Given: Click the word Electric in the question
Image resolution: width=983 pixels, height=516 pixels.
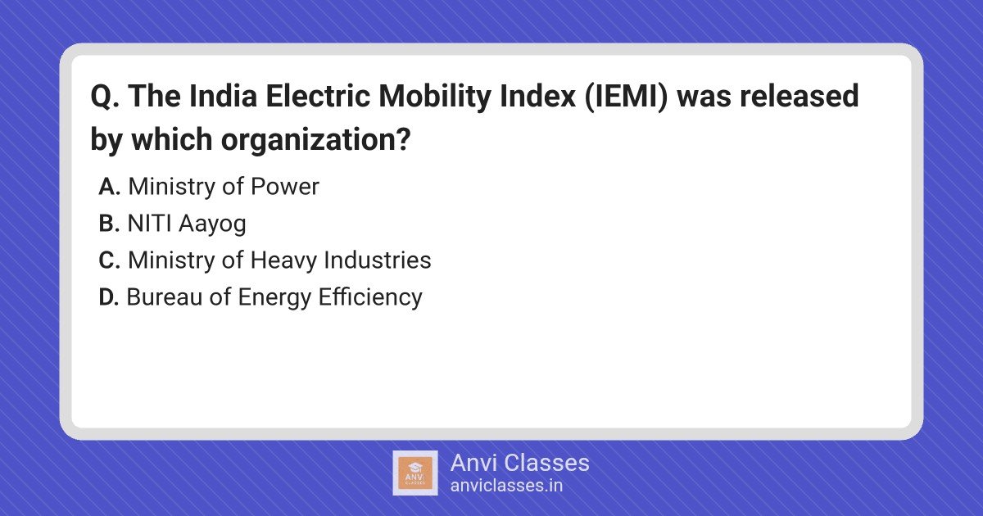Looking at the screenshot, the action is click(318, 96).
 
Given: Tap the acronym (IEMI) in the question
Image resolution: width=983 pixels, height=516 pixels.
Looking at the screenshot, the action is click(626, 97).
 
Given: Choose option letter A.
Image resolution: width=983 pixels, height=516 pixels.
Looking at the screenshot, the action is click(109, 187).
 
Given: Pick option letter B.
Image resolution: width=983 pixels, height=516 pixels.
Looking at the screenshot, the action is click(109, 224).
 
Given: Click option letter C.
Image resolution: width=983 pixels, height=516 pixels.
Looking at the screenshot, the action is click(109, 260).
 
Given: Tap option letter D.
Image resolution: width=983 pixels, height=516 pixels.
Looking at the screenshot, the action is click(109, 297).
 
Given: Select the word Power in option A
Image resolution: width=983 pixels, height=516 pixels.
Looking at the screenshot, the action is click(285, 187).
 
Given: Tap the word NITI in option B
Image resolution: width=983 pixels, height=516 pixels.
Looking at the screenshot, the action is click(149, 224).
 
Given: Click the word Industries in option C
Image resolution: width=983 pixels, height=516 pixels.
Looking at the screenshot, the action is click(378, 260).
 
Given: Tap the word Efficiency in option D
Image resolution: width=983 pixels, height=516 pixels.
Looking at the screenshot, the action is click(370, 298).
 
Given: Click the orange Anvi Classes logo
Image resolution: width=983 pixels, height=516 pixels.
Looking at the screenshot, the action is click(415, 473).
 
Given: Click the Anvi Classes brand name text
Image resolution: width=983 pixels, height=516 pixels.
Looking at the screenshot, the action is click(519, 463).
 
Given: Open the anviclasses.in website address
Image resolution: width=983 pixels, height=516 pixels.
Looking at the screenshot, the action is click(506, 486).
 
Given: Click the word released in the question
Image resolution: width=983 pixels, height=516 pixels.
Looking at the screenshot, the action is click(800, 96).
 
